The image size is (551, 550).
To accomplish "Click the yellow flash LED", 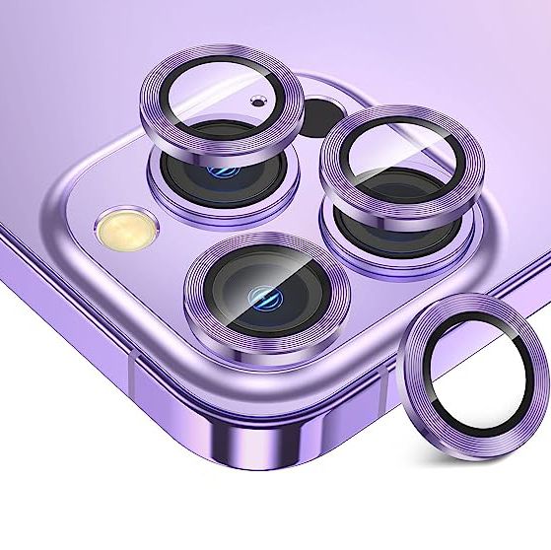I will (x=117, y=228).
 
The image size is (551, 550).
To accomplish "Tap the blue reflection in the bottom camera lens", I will (x=261, y=298).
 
